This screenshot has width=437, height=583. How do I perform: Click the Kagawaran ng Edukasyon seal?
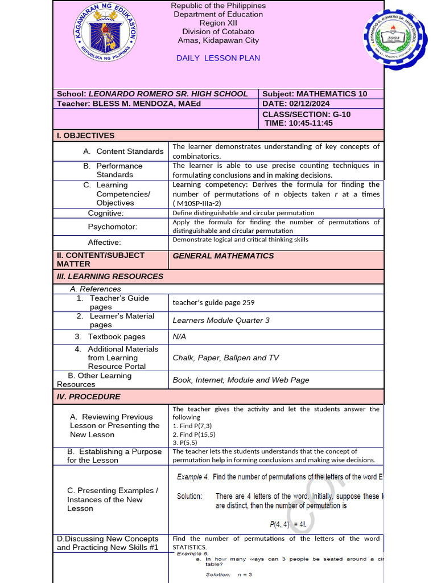(105, 33)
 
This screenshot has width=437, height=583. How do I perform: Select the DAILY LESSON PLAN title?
(218, 58)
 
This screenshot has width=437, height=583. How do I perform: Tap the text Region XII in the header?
(218, 23)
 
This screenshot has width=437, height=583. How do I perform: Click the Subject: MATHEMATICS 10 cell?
(315, 94)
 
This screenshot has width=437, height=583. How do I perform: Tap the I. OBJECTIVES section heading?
(85, 136)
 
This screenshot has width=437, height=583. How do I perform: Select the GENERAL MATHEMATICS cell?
(223, 256)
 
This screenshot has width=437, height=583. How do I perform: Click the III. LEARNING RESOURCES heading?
(110, 276)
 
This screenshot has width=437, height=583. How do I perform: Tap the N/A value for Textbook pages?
(179, 336)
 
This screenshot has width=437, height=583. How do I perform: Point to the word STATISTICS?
(189, 547)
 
